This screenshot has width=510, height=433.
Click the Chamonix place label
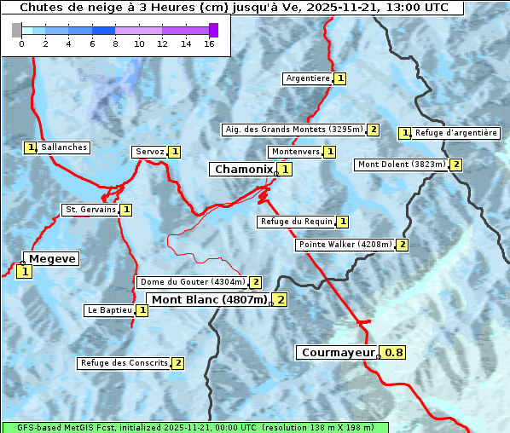tap(243, 170)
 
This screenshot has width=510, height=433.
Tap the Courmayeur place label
tap(339, 352)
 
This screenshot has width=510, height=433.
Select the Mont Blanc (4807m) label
tap(209, 299)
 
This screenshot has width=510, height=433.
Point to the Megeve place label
tap(51, 259)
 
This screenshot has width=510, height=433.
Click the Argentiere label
tap(308, 78)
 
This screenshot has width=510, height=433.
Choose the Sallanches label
tap(64, 147)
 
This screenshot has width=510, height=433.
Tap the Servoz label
tap(149, 152)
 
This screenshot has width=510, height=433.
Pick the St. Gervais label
tap(90, 210)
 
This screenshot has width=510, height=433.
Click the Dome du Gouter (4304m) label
tap(192, 282)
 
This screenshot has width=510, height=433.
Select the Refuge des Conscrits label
tap(124, 363)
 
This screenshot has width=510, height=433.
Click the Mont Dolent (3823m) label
tap(402, 165)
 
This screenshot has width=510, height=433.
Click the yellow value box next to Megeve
tap(24, 272)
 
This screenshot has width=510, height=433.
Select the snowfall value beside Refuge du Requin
tap(343, 222)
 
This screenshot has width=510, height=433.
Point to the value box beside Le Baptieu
tap(142, 310)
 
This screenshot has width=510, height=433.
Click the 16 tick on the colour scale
tap(209, 43)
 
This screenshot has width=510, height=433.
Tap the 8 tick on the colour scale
tap(115, 43)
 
